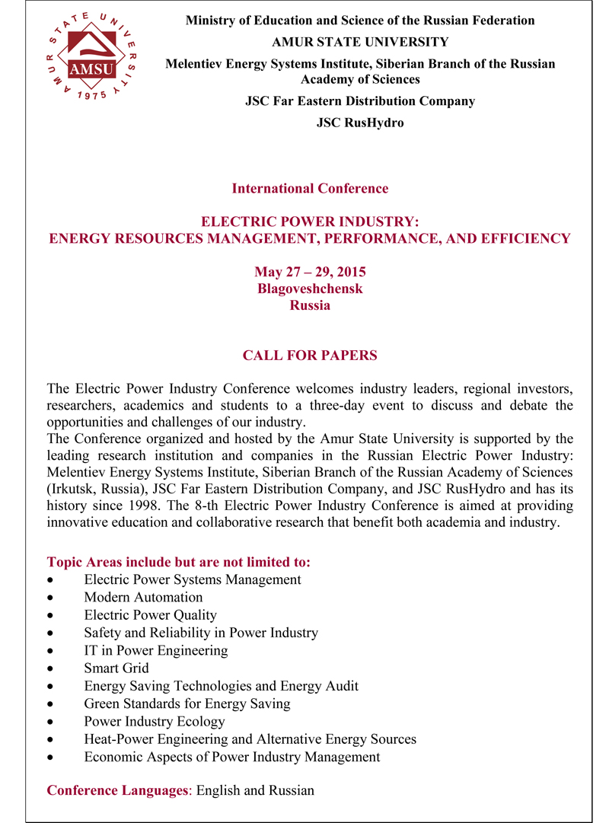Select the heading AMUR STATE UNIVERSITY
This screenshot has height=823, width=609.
[360, 42]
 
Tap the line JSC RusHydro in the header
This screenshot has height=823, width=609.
[360, 122]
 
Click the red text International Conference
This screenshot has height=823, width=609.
[310, 188]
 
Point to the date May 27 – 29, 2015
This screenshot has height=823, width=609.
[310, 272]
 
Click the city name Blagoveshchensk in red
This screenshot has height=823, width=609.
[310, 289]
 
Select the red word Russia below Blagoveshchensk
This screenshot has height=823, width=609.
[310, 305]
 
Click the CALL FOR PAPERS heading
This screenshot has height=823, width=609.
[310, 356]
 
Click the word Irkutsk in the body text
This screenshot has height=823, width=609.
[75, 489]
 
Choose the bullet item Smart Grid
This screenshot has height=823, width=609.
[116, 668]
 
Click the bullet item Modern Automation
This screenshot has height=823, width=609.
[143, 598]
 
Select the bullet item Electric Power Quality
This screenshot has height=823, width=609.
[150, 615]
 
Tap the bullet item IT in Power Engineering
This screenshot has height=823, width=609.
[156, 651]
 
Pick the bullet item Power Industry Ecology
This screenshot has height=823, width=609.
[155, 722]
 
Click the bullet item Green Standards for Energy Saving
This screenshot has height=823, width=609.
[187, 704]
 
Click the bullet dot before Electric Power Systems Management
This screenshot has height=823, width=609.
[50, 581]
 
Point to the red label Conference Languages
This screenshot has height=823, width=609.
[118, 790]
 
